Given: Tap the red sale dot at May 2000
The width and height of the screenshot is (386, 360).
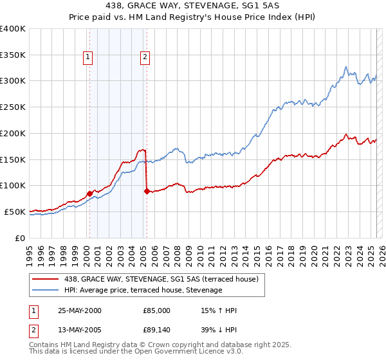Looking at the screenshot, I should (x=89, y=193).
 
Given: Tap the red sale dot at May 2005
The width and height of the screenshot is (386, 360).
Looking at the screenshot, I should (x=147, y=191).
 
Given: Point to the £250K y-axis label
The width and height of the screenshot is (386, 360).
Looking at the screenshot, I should (x=13, y=107).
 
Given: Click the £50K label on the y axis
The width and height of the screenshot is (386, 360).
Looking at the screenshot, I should (x=15, y=212).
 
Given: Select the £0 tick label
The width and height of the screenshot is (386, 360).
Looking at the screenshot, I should (x=21, y=238).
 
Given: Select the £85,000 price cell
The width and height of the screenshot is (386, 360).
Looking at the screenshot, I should (x=157, y=310).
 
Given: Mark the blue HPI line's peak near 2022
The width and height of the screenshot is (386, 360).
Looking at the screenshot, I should (x=346, y=66).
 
